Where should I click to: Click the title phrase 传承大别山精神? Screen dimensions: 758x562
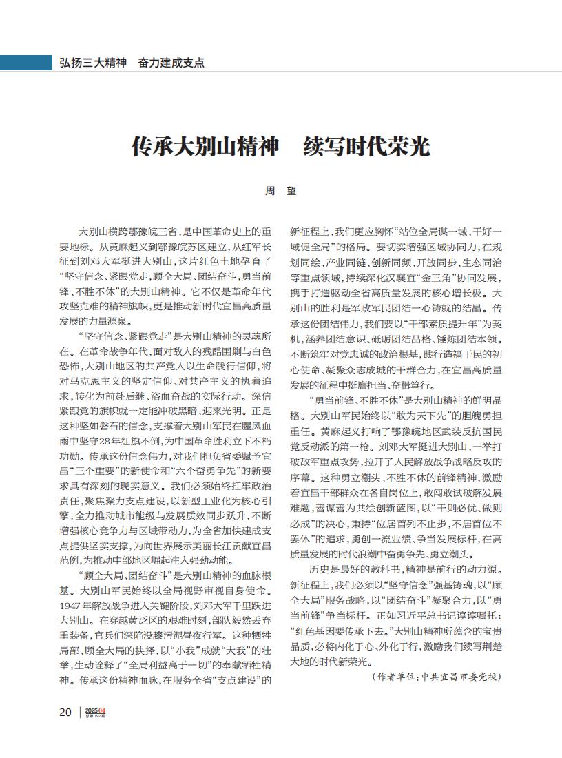tap(205, 147)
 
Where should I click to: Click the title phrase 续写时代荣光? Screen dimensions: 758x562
tap(366, 147)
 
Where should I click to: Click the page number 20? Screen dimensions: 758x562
tap(65, 712)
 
